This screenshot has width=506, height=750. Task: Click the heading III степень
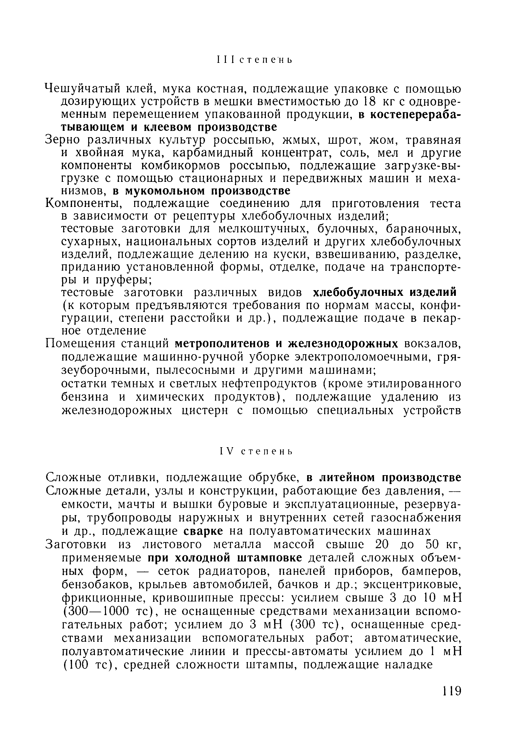254,60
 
